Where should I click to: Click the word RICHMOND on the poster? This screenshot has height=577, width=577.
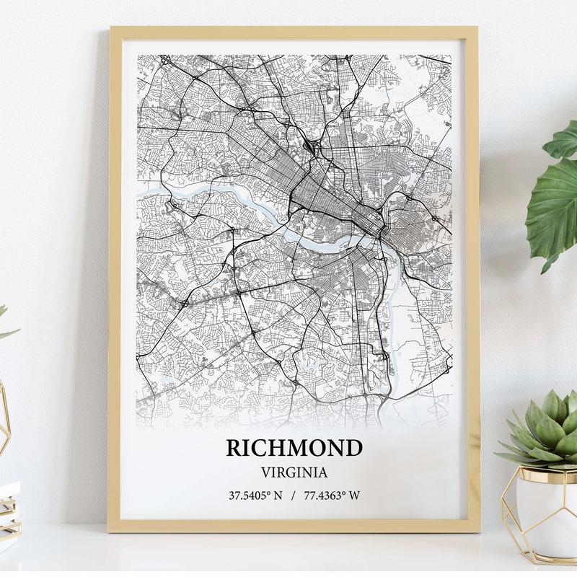click(294, 448)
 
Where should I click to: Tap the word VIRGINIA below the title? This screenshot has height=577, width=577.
click(294, 473)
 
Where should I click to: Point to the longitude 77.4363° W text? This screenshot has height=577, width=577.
click(332, 495)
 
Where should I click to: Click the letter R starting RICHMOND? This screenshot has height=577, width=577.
click(234, 448)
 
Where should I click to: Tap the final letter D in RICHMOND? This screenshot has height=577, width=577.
click(353, 448)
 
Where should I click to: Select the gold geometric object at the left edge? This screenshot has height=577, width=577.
click(4, 418)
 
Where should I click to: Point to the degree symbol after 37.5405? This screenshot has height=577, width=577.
click(268, 493)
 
